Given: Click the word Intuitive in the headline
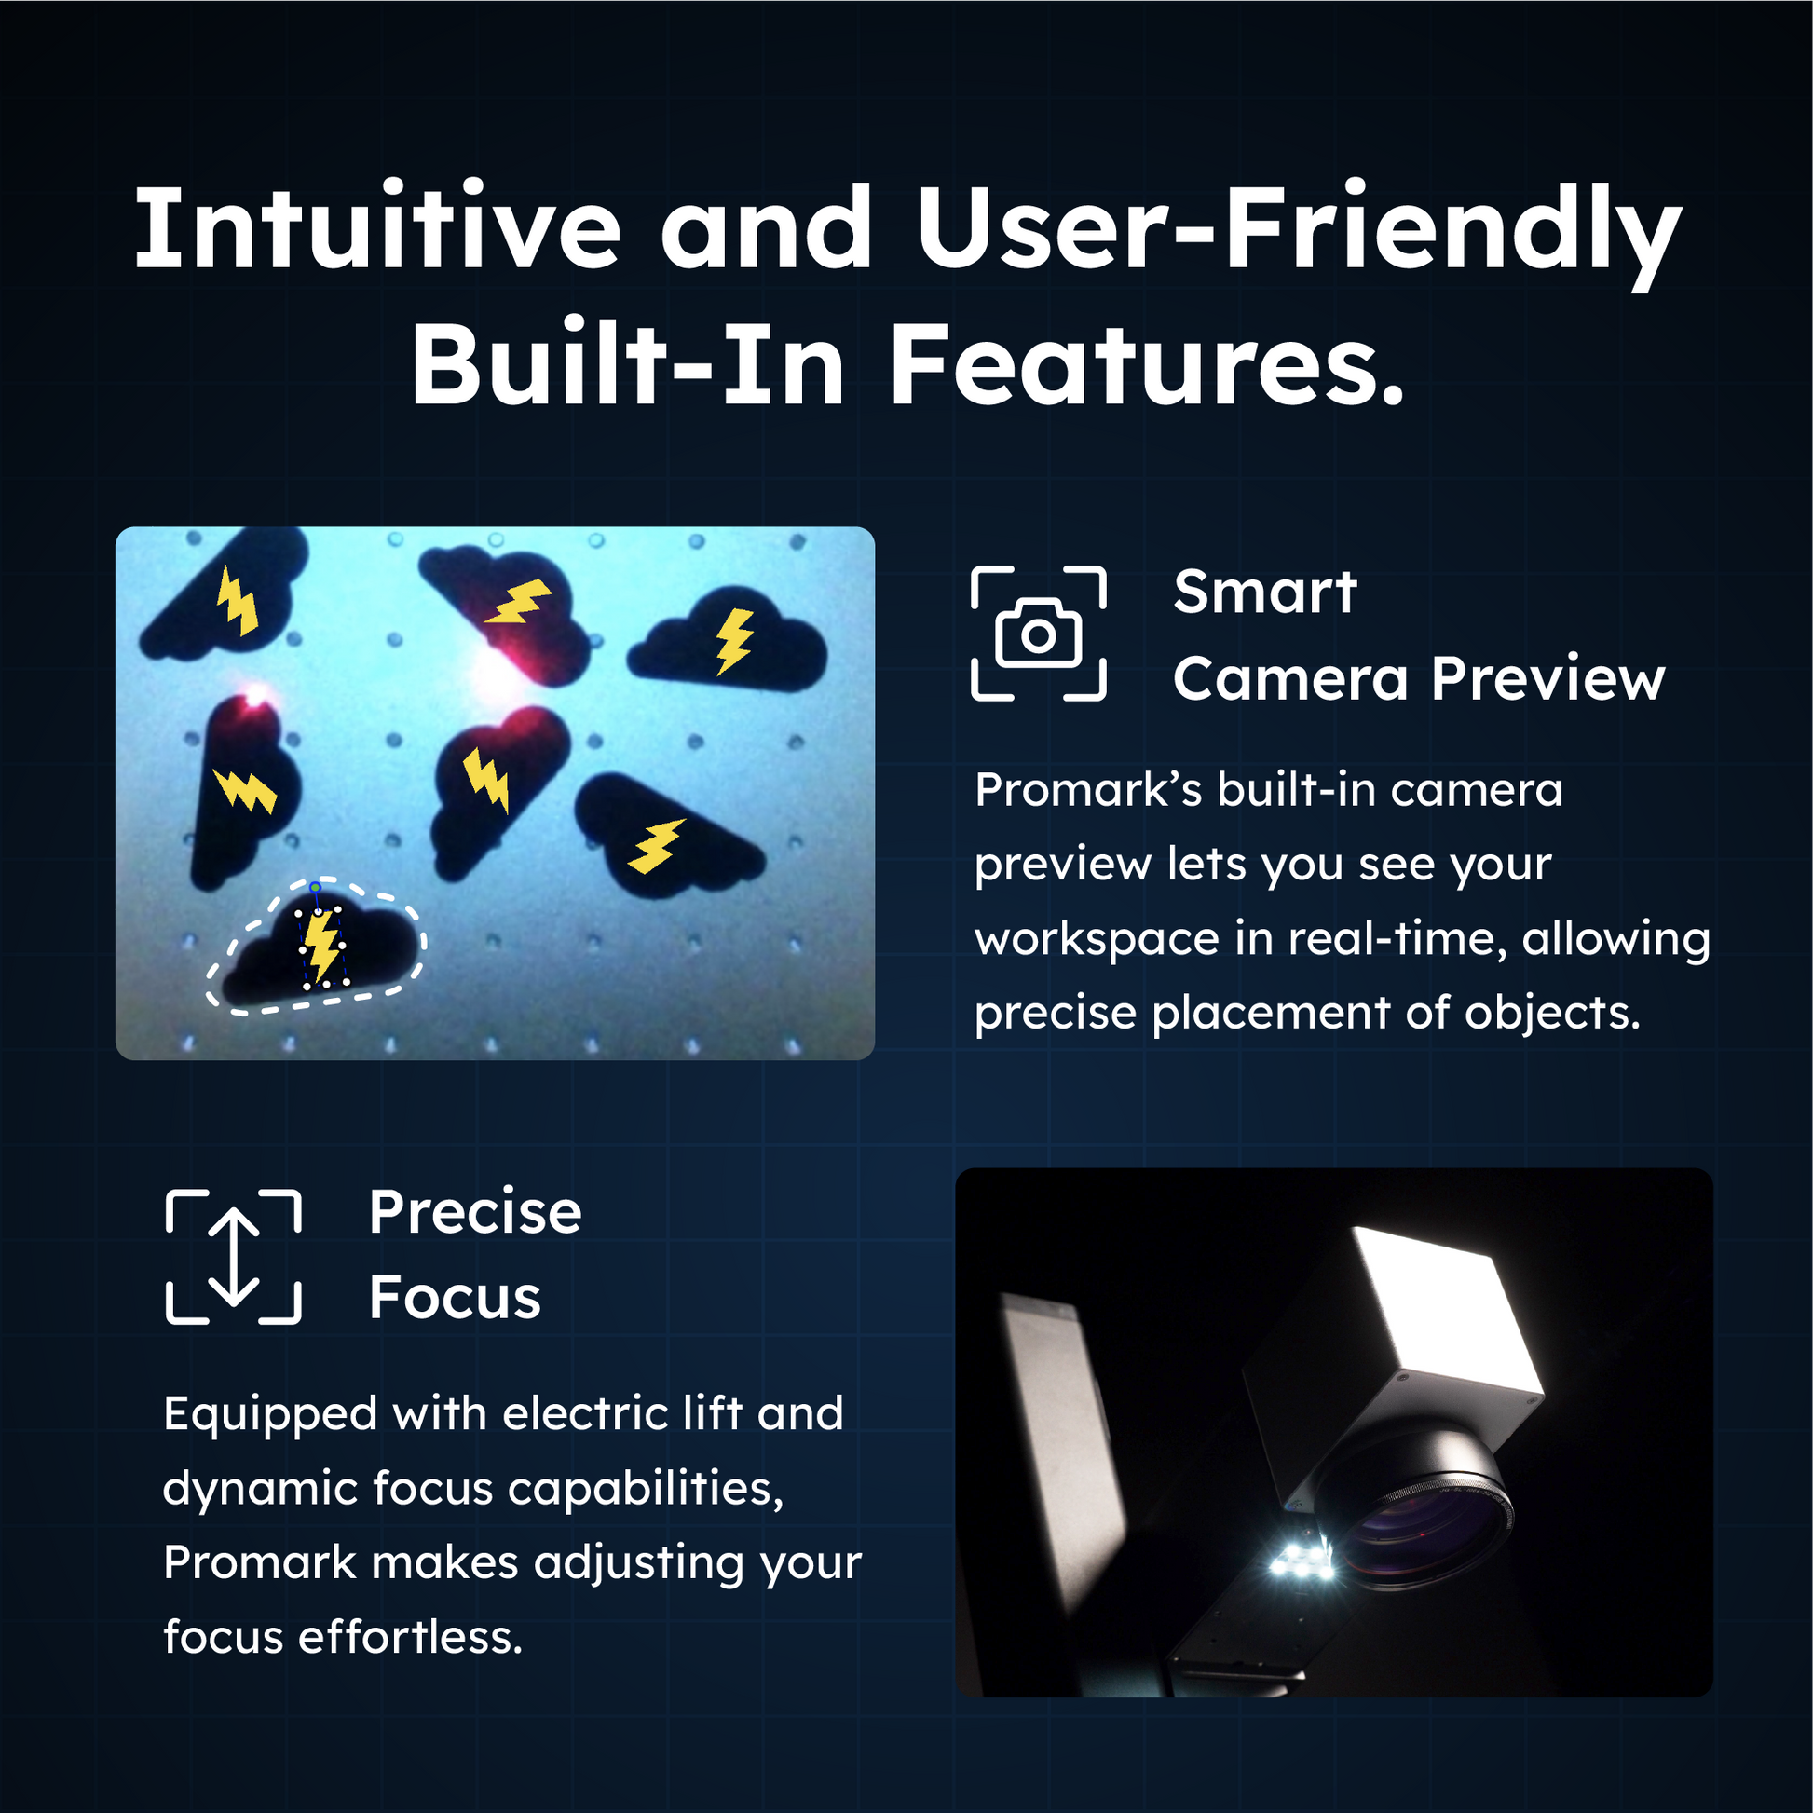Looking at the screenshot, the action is click(377, 228).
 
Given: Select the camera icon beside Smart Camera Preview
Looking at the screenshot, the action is click(1038, 634).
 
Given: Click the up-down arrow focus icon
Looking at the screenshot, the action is click(234, 1257).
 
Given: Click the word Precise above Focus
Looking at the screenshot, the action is click(475, 1211).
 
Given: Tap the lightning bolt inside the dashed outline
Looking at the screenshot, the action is click(322, 946).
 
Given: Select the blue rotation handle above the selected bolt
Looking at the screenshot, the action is click(315, 887).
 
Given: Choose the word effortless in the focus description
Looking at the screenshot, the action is click(409, 1638).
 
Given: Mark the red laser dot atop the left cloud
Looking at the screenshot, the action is click(254, 696).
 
